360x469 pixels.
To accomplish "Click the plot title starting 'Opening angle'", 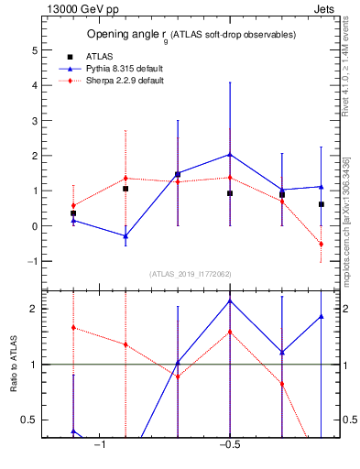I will (x=191, y=35).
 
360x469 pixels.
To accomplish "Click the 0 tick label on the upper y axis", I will (x=33, y=226).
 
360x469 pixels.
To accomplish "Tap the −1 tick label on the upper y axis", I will (x=30, y=261).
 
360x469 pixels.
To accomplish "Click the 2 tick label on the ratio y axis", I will (x=33, y=309).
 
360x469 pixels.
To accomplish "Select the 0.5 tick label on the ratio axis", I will (x=29, y=420).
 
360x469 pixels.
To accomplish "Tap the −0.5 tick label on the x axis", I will (x=228, y=445).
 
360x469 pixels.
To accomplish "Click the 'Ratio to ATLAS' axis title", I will (x=12, y=364).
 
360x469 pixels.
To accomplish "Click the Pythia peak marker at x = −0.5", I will (x=230, y=155).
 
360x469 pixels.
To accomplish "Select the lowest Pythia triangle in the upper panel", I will (x=125, y=236).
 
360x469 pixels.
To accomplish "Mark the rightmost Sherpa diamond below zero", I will (x=322, y=244).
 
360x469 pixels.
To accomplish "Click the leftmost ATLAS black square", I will (x=73, y=213).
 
